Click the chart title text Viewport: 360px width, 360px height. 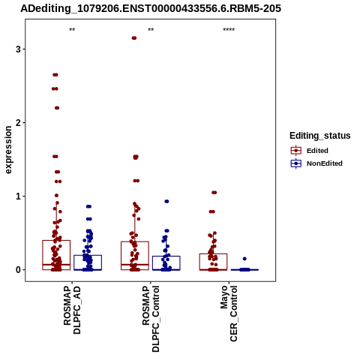(x=151, y=8)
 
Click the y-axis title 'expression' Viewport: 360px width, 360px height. (x=8, y=150)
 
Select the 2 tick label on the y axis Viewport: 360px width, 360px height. (x=18, y=123)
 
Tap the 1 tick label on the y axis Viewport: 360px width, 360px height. (x=18, y=196)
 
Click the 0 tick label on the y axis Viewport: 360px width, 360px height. (x=18, y=270)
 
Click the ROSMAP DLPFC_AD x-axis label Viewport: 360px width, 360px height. (x=72, y=310)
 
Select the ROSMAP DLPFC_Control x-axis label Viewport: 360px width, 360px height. (x=151, y=319)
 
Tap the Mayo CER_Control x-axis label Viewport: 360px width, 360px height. (x=229, y=313)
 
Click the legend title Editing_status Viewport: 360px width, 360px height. (x=320, y=136)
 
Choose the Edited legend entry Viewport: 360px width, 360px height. (x=309, y=151)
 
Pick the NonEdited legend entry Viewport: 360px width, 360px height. (x=316, y=163)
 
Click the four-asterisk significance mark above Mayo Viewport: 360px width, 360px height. (x=229, y=30)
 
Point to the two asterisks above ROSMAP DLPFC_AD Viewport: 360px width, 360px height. (x=72, y=30)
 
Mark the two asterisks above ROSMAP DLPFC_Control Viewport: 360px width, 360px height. (x=151, y=30)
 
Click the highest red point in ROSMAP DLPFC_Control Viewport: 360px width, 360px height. (x=134, y=38)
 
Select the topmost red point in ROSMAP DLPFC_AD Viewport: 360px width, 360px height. (x=55, y=75)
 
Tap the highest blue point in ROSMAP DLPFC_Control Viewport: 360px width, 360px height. (x=166, y=201)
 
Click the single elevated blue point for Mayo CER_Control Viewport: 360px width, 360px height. (x=244, y=259)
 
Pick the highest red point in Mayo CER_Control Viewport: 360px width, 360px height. (x=214, y=193)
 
